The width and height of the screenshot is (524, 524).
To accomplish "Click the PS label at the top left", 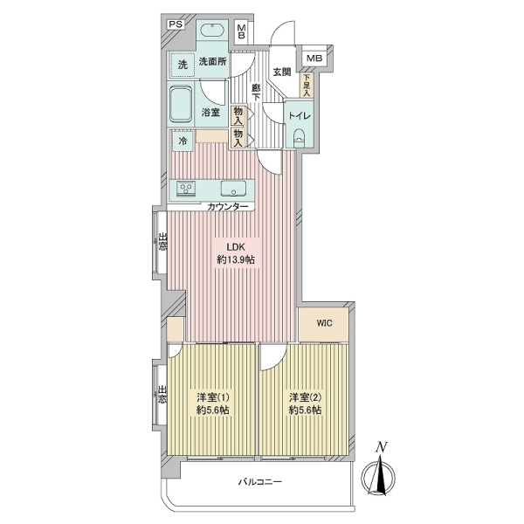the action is (176, 24).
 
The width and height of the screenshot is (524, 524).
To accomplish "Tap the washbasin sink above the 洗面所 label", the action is (213, 31).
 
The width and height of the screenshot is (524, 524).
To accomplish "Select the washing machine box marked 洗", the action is (183, 65).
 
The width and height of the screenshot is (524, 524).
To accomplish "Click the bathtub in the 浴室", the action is (181, 104).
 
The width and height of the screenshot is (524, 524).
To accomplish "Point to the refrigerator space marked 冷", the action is (183, 141).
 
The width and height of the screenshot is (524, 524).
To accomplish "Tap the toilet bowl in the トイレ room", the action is (300, 138).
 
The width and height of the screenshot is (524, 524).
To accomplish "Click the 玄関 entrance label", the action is (282, 72).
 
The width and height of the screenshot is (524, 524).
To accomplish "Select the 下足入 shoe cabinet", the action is (307, 86).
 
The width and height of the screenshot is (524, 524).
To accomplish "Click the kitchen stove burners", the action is (185, 189).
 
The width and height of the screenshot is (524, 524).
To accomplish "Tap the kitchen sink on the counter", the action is (233, 188).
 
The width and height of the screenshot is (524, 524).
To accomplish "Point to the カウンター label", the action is (228, 206).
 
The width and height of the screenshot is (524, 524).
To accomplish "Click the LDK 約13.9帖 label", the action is (236, 253).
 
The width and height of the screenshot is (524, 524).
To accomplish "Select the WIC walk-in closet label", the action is (325, 323).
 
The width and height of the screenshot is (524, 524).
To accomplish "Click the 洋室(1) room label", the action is (212, 403).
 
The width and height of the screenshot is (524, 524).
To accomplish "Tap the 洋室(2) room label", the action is (305, 403).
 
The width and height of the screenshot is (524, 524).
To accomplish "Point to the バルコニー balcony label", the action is (260, 482).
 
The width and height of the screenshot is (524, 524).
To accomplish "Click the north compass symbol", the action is (379, 470).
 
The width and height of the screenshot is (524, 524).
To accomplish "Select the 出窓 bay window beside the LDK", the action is (160, 242).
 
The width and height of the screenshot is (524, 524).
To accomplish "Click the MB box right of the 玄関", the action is (314, 59).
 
